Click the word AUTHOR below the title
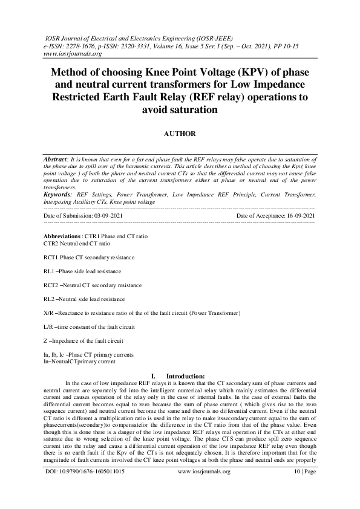[x=180, y=132]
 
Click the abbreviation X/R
[x=48, y=313]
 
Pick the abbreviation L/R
[x=48, y=327]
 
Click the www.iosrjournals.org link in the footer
[x=204, y=488]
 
